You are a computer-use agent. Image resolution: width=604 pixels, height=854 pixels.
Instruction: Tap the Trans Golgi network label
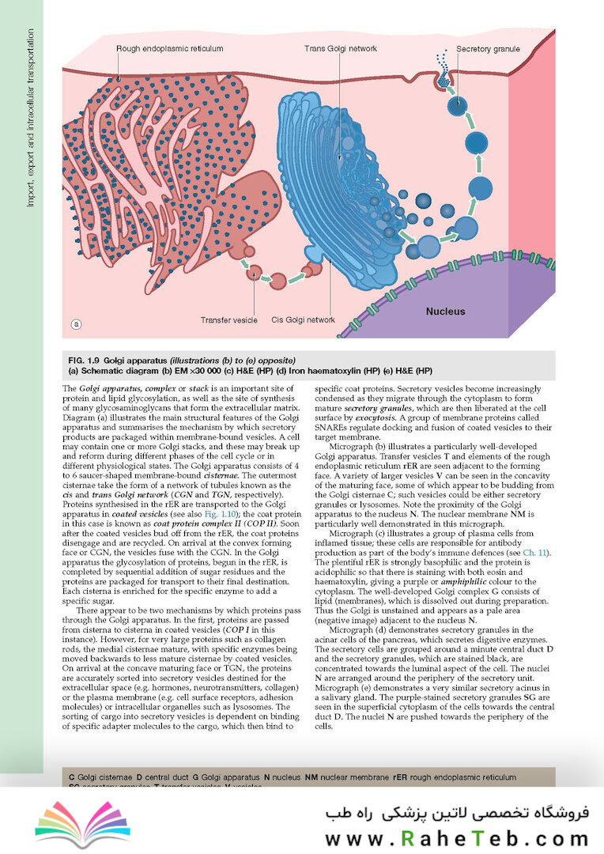(341, 49)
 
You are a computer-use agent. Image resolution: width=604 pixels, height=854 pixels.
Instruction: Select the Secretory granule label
(488, 49)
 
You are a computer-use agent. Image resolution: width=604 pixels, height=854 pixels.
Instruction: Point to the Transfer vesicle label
(228, 320)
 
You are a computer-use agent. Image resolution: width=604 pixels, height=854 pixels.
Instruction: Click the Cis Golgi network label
(304, 320)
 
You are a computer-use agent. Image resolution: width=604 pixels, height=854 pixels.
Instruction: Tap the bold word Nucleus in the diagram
(446, 312)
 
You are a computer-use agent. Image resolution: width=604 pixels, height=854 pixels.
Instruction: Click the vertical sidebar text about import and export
(31, 119)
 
